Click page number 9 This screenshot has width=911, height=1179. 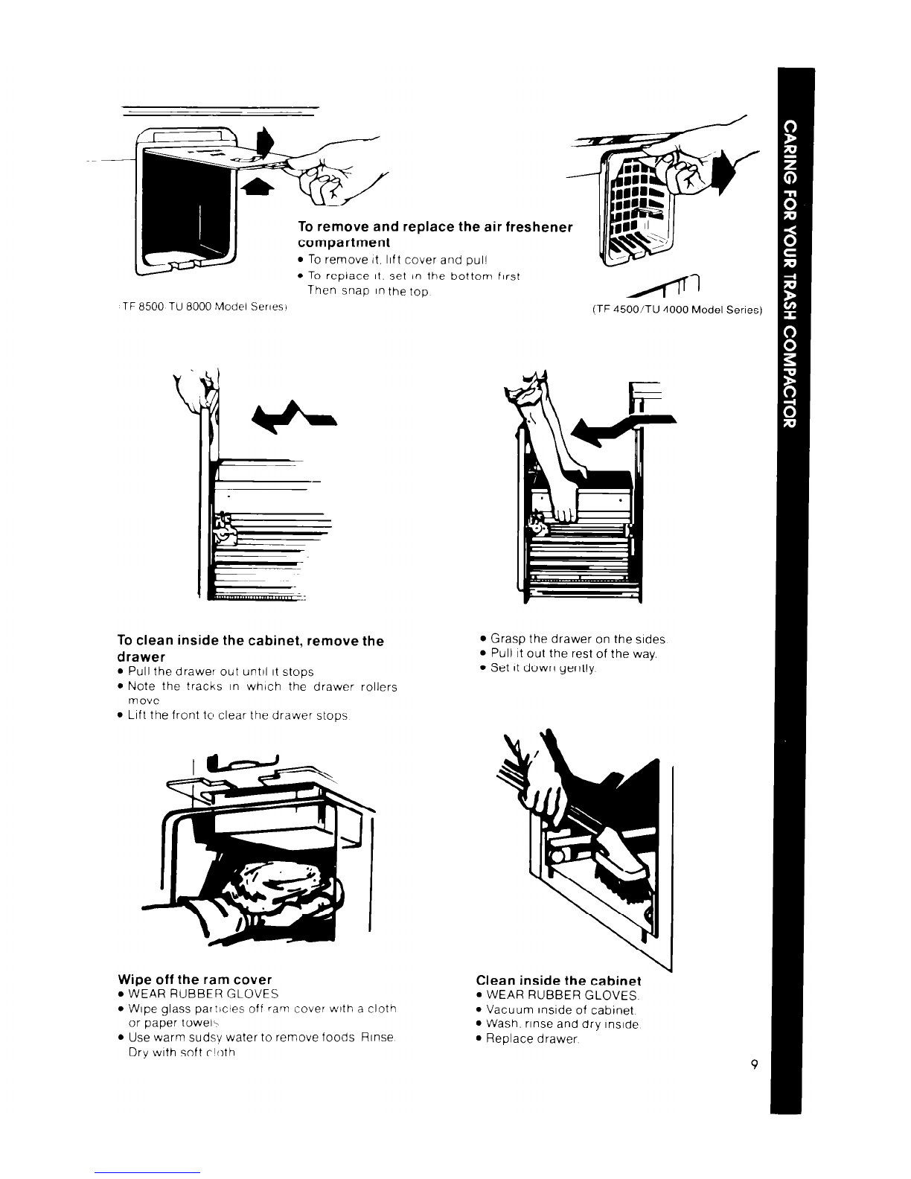click(754, 1065)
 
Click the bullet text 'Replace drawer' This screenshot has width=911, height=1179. click(530, 1038)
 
